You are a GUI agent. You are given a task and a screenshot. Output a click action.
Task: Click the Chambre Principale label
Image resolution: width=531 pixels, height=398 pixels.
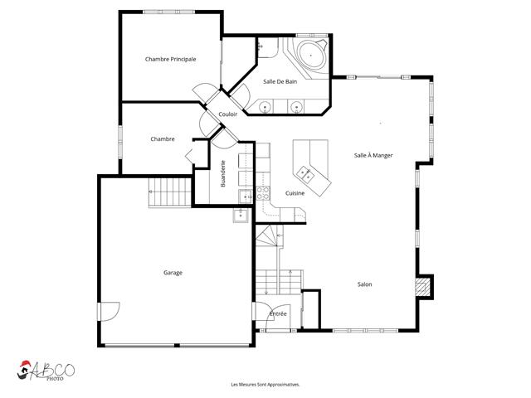170,59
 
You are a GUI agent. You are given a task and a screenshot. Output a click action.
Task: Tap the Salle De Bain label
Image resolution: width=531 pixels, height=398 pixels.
280,81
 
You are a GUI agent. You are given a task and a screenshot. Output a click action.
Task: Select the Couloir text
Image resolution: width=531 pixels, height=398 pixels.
228,114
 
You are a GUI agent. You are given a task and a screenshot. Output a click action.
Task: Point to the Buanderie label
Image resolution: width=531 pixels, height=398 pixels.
223,173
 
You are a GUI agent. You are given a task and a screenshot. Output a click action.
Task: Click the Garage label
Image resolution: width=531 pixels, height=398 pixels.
173,273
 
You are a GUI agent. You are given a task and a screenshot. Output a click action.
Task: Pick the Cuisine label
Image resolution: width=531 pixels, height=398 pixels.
295,193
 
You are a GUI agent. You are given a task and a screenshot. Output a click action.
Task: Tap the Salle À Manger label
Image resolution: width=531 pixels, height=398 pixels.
373,155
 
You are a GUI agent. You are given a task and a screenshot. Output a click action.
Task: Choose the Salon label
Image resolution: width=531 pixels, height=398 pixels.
365,284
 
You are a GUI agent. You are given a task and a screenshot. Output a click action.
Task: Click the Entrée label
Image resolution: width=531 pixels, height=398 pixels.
278,314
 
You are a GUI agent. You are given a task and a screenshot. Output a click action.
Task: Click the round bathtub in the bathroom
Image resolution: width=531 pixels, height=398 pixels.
311,55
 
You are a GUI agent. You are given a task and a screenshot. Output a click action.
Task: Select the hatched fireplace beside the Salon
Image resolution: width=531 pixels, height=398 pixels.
422,287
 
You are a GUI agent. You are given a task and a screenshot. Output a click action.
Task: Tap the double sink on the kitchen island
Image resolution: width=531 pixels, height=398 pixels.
304,174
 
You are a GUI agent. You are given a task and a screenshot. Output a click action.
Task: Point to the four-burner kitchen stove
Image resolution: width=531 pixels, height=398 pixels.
263,193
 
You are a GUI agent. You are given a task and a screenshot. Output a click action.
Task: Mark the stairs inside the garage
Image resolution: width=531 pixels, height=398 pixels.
169,192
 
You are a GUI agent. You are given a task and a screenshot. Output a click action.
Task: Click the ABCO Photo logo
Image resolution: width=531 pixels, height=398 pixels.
46,371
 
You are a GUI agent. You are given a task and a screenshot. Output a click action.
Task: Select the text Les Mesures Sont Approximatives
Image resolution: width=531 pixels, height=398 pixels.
265,385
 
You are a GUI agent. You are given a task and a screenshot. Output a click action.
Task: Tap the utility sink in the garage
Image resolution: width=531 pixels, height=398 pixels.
241,215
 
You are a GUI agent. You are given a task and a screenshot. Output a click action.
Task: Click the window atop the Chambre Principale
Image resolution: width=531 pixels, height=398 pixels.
168,12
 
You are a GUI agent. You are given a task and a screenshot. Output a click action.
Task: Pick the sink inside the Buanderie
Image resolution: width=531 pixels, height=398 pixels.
246,197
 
